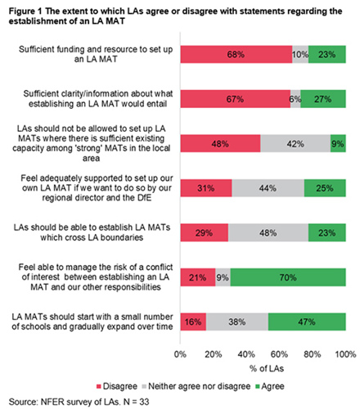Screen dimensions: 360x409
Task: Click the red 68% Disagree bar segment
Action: point(236,55)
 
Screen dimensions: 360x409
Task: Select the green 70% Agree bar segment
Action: point(288,277)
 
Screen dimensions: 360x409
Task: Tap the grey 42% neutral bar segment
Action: point(295,143)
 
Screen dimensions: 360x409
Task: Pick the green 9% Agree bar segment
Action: point(338,143)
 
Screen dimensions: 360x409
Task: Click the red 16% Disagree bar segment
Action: point(193,321)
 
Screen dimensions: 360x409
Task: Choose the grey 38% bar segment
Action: point(237,321)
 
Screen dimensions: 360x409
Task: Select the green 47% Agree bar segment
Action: point(307,321)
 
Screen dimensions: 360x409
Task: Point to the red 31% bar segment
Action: point(206,188)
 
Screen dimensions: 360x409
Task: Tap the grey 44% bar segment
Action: point(268,188)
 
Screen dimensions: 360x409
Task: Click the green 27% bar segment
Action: point(323,99)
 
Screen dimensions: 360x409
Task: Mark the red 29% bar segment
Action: point(205,232)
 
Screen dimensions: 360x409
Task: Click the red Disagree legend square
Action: point(99,386)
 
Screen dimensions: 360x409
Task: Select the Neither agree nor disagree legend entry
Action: point(196,386)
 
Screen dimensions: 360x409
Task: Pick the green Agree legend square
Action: point(257,386)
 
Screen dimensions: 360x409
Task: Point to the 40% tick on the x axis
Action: point(246,354)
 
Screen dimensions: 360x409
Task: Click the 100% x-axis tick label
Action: point(345,354)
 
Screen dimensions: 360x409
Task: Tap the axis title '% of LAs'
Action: point(267,369)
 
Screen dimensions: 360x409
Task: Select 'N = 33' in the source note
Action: point(136,402)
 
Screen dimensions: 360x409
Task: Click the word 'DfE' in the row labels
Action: point(144,198)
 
